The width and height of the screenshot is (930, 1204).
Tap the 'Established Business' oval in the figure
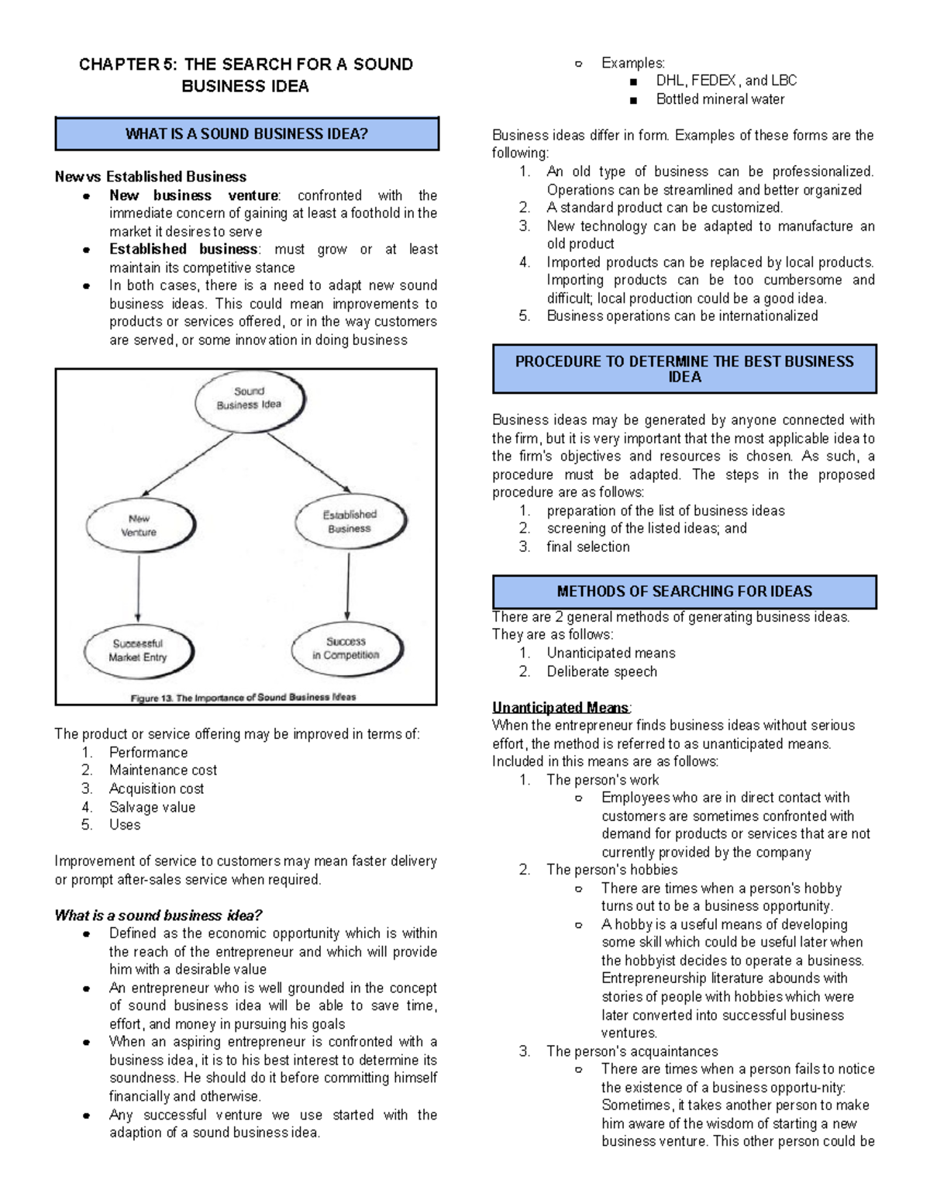(350, 522)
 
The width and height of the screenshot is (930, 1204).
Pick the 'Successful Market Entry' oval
(138, 650)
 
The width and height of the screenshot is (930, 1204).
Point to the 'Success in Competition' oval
(346, 648)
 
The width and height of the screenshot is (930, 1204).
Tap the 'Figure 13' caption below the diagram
(243, 697)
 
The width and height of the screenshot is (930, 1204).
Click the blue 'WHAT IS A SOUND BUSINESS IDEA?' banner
(246, 134)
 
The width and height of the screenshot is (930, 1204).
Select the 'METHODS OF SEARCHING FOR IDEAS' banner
(684, 592)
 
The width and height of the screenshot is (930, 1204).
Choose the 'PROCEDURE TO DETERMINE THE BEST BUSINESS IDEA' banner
(684, 369)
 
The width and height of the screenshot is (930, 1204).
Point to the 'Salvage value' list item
(152, 807)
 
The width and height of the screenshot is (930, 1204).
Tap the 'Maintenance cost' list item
(163, 770)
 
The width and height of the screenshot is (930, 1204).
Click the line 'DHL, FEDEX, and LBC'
(726, 81)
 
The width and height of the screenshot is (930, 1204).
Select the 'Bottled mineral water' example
(720, 99)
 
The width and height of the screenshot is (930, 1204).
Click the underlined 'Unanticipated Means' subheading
(561, 707)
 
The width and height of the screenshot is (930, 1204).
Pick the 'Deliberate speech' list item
(601, 671)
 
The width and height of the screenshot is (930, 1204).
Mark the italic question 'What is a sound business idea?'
(158, 916)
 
